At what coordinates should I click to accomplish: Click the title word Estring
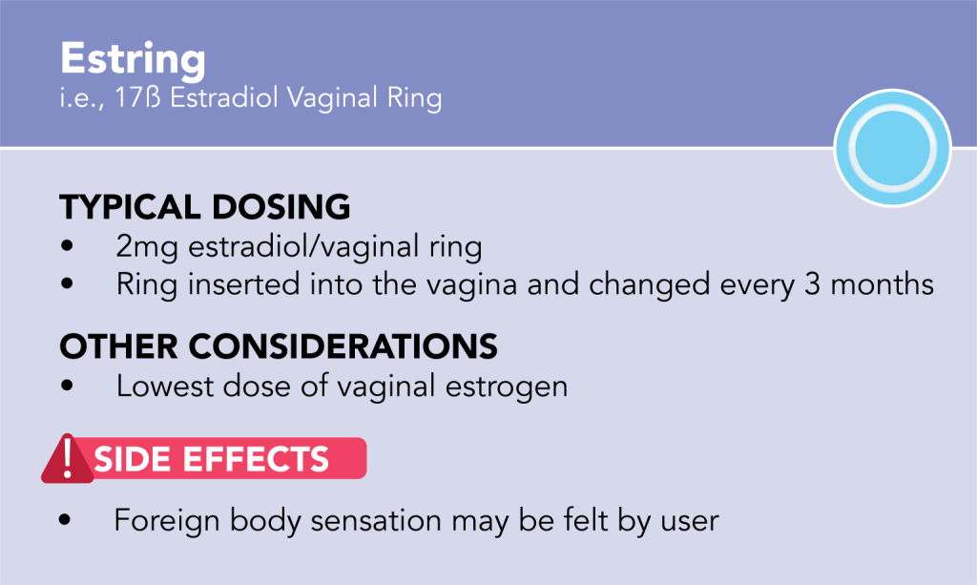point(133,59)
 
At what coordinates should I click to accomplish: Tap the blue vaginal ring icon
point(892,148)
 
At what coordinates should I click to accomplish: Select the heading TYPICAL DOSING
point(205,207)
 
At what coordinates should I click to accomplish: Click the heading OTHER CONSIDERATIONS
point(279,345)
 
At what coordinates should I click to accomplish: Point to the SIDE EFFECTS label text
point(211,459)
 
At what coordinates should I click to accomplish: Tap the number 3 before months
point(812,283)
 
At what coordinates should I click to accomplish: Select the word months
point(883,283)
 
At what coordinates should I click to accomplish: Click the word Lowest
point(165,387)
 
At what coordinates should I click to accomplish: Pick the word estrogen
point(507,387)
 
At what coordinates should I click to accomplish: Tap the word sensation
point(376,521)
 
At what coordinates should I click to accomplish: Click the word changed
point(649,284)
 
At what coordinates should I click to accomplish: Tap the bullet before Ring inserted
point(68,283)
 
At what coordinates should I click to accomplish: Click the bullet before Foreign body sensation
point(65,519)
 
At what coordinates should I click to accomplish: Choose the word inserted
point(244,284)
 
